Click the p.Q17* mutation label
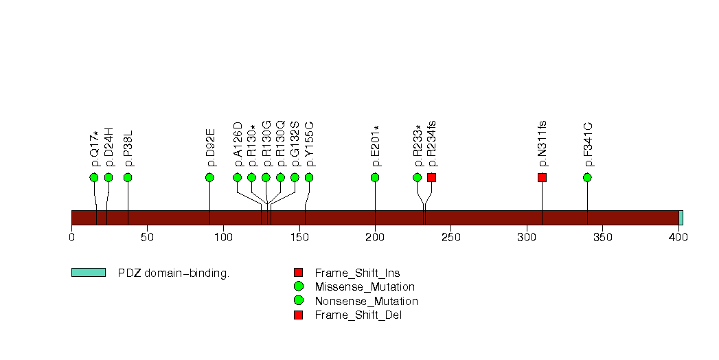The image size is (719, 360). click(95, 148)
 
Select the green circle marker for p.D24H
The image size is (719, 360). click(109, 177)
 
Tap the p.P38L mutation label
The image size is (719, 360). click(128, 148)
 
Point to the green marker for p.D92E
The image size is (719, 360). click(209, 177)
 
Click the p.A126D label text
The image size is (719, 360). click(238, 144)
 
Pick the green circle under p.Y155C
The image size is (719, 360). click(309, 177)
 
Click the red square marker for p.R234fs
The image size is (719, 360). click(431, 177)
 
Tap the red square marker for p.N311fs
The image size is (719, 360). click(542, 177)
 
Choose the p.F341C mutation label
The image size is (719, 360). click(588, 144)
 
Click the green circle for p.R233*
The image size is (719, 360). click(418, 177)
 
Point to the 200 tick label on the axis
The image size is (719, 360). click(375, 238)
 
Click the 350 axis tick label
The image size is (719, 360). click(602, 238)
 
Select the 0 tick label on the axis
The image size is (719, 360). click(71, 238)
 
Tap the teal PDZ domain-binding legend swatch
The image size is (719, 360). click(88, 273)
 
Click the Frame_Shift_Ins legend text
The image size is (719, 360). click(357, 273)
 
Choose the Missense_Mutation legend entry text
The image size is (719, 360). click(365, 286)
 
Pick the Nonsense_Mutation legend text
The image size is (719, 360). click(366, 301)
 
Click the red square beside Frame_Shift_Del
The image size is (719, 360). click(298, 315)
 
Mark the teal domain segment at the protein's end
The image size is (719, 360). click(681, 218)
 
